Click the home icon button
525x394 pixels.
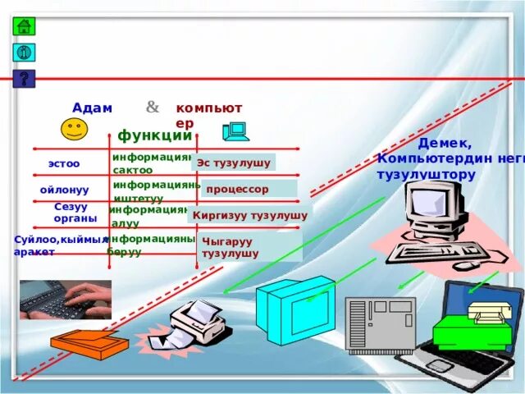(x=24, y=25)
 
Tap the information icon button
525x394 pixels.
(x=24, y=53)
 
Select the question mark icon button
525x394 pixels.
(x=24, y=79)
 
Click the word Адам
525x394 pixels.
(x=92, y=108)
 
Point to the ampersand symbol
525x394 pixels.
(x=153, y=107)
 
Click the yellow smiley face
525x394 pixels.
(x=74, y=129)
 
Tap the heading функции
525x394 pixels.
(x=154, y=135)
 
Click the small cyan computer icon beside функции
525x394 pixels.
(x=235, y=131)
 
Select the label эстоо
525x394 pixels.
(x=64, y=163)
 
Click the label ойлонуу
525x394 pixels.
(x=64, y=190)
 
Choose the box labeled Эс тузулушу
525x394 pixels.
(x=234, y=163)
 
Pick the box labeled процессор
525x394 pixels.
(x=249, y=189)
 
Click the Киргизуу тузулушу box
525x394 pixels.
(x=249, y=215)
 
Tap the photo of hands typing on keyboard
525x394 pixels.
(x=66, y=300)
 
